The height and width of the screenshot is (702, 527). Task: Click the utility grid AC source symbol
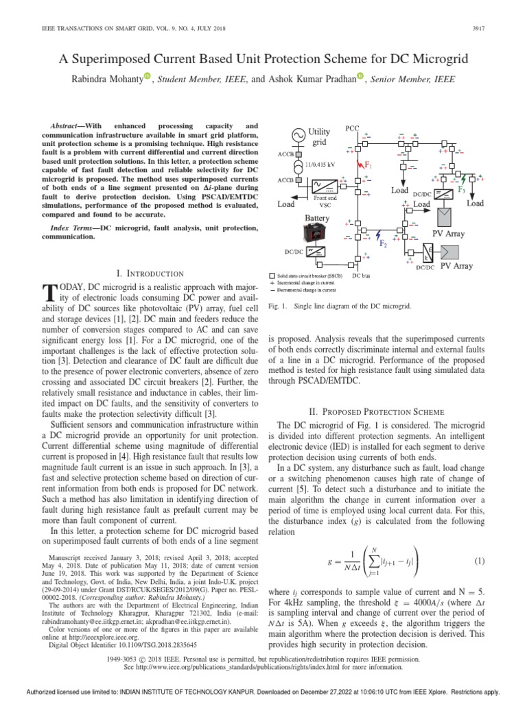coord(300,137)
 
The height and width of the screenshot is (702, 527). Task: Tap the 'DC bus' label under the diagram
coord(363,276)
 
